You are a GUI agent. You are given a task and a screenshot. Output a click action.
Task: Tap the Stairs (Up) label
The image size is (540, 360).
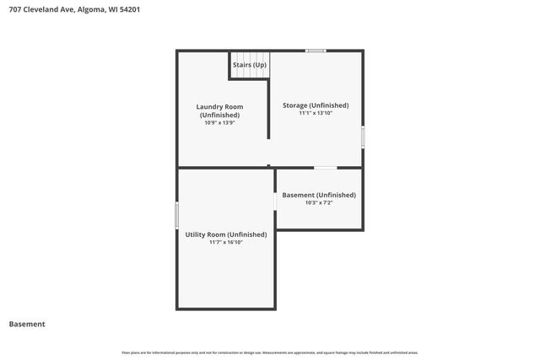click(x=250, y=65)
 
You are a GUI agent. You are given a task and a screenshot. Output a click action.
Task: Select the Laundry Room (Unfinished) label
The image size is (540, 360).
click(x=219, y=110)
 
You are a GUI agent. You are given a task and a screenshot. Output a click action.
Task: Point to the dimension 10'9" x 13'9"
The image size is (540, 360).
click(x=219, y=123)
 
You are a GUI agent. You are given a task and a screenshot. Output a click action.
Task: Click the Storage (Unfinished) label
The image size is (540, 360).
click(x=316, y=105)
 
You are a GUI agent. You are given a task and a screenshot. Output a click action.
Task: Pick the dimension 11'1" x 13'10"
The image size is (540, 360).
click(x=316, y=113)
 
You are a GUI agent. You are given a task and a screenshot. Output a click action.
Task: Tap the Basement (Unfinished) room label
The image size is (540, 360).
click(x=319, y=195)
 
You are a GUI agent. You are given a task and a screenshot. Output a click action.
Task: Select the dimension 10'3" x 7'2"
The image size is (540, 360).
click(x=319, y=202)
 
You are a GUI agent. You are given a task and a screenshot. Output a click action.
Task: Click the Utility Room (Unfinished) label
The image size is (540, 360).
click(x=226, y=234)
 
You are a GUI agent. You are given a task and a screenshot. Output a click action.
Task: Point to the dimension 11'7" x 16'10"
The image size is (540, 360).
click(x=226, y=242)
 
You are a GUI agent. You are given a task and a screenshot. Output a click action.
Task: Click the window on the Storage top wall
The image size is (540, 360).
click(x=316, y=51)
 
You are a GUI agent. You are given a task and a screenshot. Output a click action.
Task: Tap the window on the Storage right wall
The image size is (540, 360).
click(x=363, y=137)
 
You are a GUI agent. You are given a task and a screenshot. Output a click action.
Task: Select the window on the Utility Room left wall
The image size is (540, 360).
click(x=177, y=214)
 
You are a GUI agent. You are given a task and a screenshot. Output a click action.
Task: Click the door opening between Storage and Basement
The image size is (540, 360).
click(x=325, y=168)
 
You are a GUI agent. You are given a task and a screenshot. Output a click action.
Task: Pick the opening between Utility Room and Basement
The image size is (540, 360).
click(x=276, y=201)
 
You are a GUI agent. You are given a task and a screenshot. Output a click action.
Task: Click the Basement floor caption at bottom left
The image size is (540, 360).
click(x=27, y=324)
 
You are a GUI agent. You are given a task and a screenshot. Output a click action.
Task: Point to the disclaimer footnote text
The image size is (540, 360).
click(x=270, y=352)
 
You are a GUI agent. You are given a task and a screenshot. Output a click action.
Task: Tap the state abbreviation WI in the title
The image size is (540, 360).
click(x=113, y=9)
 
